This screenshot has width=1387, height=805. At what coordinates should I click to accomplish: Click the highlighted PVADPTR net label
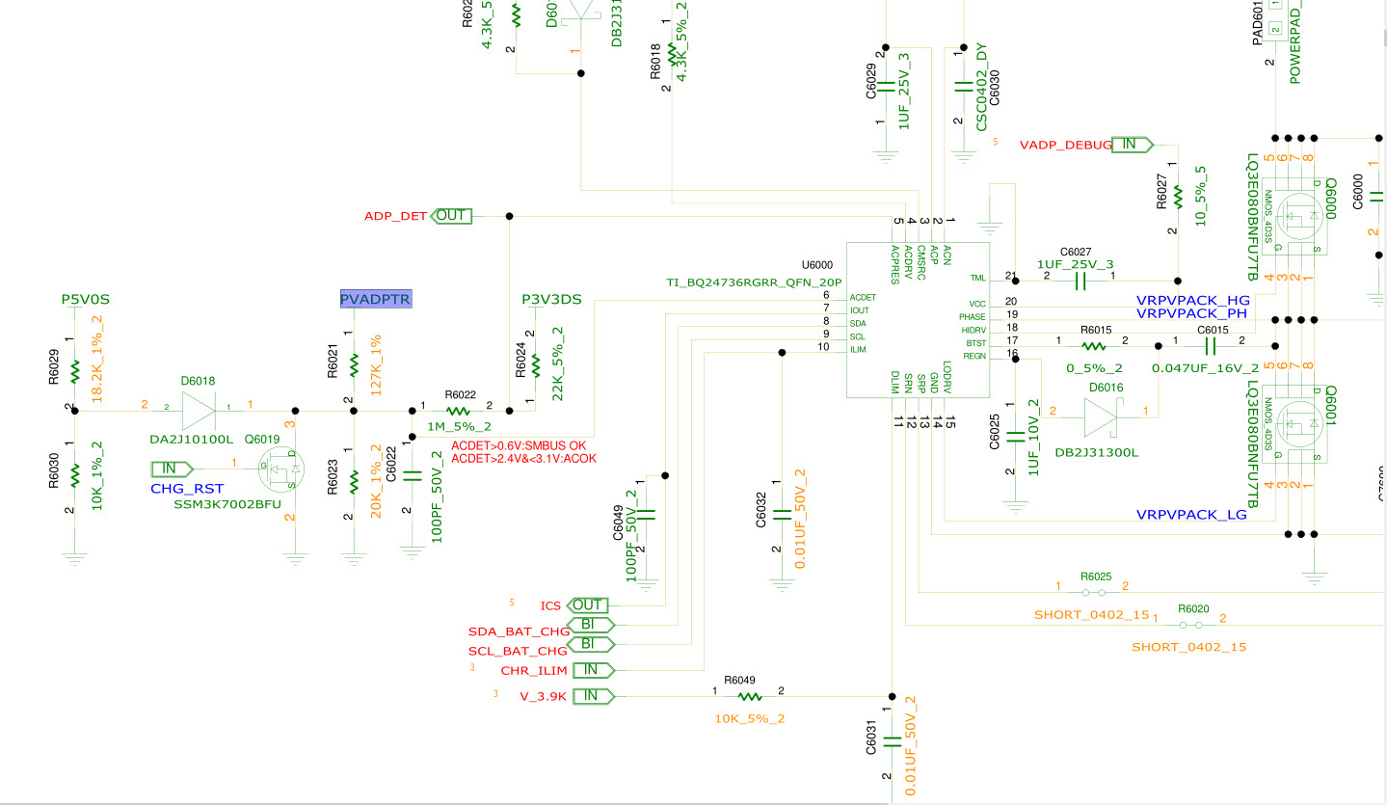tap(376, 299)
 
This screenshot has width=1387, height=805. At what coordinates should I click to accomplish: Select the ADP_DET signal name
tap(395, 216)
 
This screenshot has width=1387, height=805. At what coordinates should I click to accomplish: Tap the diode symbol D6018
tap(198, 411)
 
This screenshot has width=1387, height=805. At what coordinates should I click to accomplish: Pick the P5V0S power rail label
tap(87, 300)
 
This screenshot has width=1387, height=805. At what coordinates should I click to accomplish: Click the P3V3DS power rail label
tap(551, 299)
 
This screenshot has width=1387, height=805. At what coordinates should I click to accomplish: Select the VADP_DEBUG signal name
tap(1065, 145)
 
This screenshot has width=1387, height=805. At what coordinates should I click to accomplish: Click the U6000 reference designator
tap(816, 264)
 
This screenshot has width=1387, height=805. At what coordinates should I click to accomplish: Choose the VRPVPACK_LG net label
tap(1191, 515)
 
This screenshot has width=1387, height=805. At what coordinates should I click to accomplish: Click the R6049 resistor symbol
tap(749, 696)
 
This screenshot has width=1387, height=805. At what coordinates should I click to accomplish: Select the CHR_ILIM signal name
tap(534, 670)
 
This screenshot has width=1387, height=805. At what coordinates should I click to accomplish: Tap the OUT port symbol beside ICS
tap(587, 605)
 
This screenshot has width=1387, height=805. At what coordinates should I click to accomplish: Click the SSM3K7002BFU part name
tap(227, 504)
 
